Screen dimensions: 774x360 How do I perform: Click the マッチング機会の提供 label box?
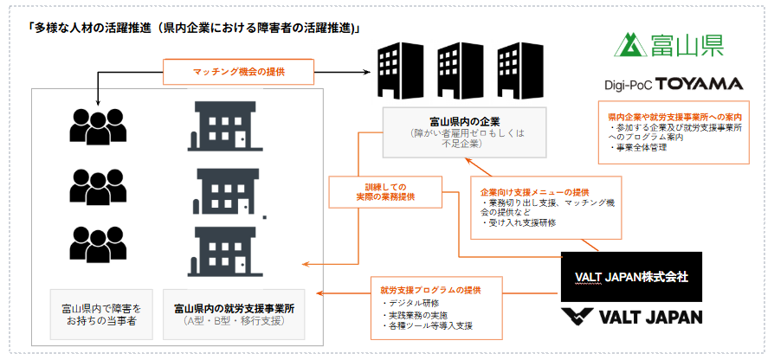(238, 72)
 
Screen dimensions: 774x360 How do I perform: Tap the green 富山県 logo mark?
(630, 44)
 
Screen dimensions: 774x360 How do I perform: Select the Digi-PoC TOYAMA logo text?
(674, 84)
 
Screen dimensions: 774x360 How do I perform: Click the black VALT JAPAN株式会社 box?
(631, 277)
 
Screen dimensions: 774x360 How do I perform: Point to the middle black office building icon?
(455, 71)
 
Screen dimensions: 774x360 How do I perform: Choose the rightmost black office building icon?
(515, 71)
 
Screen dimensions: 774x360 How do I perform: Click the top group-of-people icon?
(98, 126)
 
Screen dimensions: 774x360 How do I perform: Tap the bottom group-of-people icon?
(98, 245)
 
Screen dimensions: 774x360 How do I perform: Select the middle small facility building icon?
(228, 191)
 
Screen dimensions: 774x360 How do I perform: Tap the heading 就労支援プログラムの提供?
(431, 290)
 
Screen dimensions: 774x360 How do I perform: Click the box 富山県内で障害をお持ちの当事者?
(101, 315)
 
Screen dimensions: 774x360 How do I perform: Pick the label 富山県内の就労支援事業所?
(234, 309)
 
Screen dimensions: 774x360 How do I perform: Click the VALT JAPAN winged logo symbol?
(577, 317)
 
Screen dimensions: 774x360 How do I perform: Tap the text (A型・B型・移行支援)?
(234, 322)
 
